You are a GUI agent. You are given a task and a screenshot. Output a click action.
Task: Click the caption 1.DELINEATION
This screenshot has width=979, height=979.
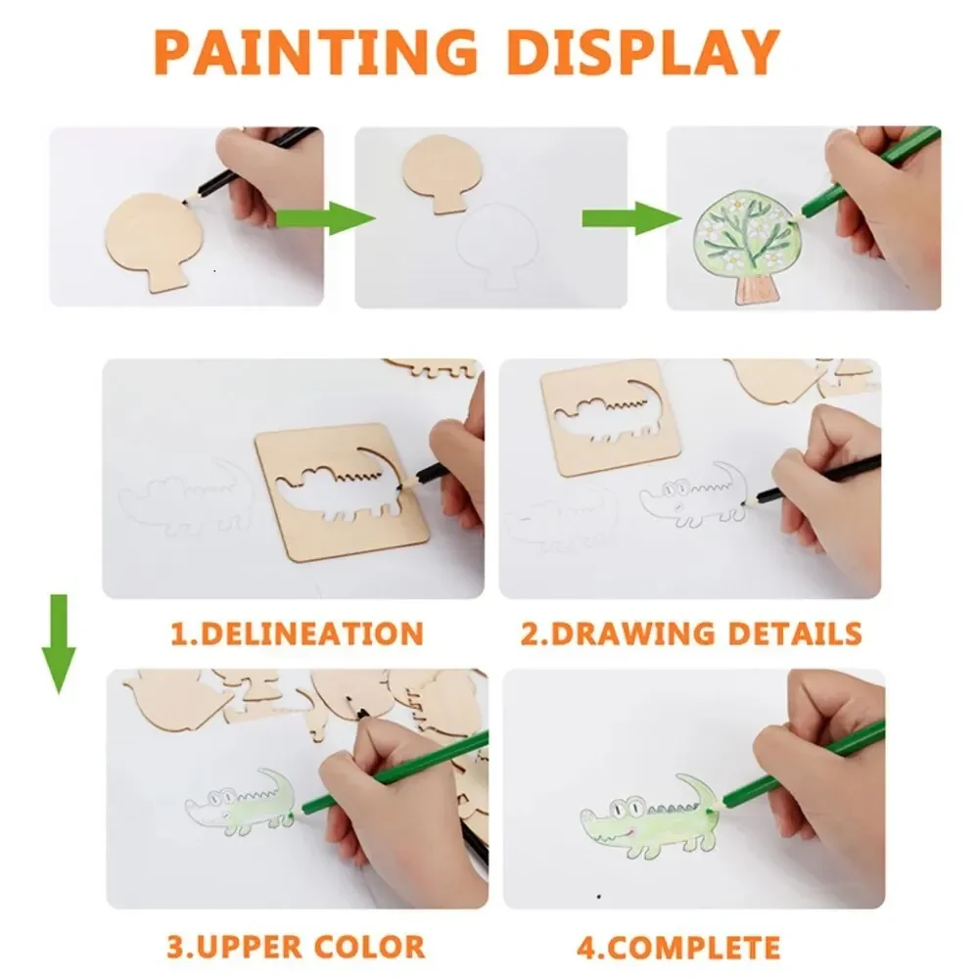[297, 632]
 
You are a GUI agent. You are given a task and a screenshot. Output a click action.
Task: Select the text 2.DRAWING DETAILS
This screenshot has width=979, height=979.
[690, 632]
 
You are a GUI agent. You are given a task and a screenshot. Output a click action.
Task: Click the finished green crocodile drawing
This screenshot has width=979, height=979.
[651, 813]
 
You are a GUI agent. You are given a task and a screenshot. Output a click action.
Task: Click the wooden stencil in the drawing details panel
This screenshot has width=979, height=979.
[597, 416]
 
